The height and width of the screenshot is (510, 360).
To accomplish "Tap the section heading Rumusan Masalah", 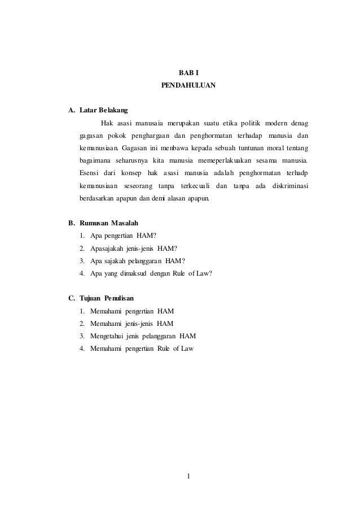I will (x=109, y=223).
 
